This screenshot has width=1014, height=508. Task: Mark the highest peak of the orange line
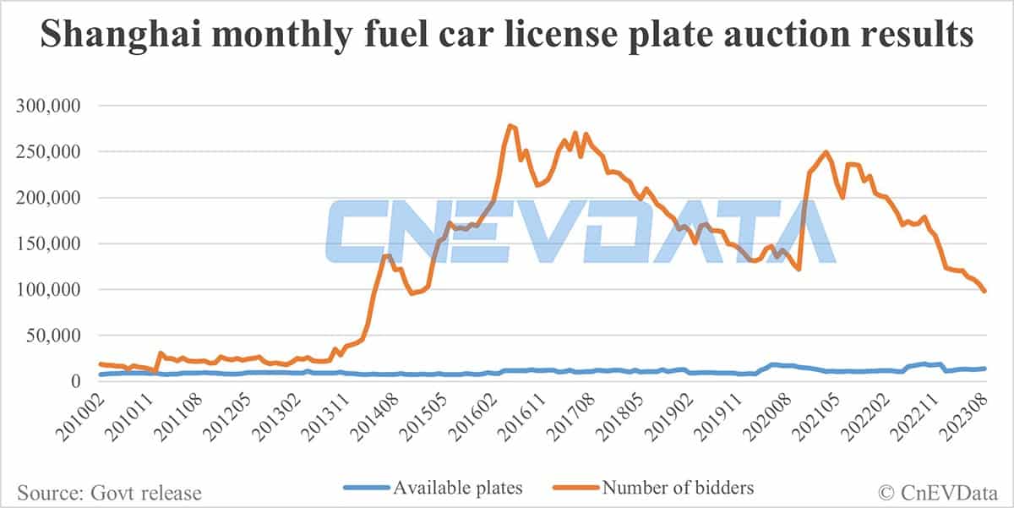(x=510, y=125)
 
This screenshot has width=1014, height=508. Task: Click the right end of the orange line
(x=985, y=292)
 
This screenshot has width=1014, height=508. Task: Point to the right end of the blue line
(x=985, y=368)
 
